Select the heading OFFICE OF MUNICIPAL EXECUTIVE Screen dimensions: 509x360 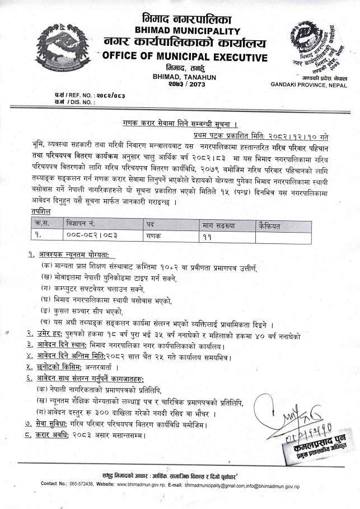(185, 57)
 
